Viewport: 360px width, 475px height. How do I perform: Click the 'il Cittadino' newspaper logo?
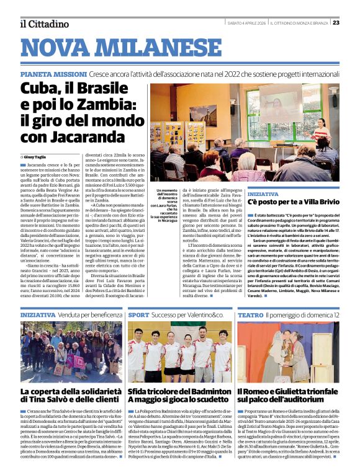pyautogui.click(x=43, y=24)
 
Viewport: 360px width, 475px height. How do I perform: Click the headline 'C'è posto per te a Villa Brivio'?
pyautogui.click(x=292, y=202)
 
